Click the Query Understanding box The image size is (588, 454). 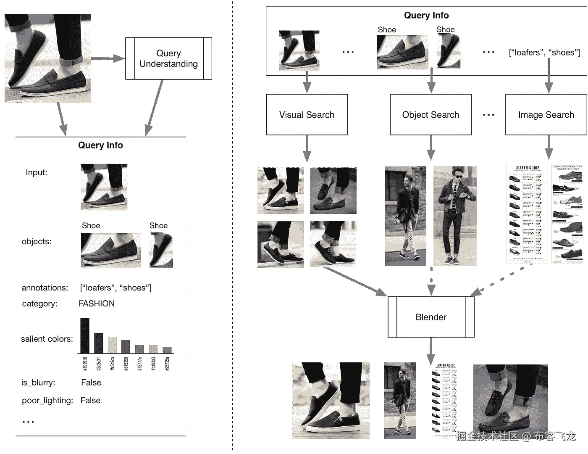tap(168, 58)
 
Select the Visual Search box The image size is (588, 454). tap(307, 115)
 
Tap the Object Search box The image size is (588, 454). tap(430, 115)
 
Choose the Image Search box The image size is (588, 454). tap(546, 115)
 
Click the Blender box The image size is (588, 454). tap(431, 317)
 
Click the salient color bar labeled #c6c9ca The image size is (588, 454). tap(112, 345)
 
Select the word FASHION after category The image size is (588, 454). tap(97, 304)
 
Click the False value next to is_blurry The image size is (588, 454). tap(91, 383)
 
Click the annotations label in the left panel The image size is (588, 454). tap(45, 288)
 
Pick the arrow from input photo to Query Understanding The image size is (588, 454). tap(108, 58)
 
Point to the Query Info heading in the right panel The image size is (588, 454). tap(426, 16)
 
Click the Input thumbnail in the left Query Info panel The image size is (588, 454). tap(104, 187)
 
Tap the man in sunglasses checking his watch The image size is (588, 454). tap(455, 216)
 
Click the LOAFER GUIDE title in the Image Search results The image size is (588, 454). tap(527, 168)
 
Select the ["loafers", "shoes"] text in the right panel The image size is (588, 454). tap(544, 53)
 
